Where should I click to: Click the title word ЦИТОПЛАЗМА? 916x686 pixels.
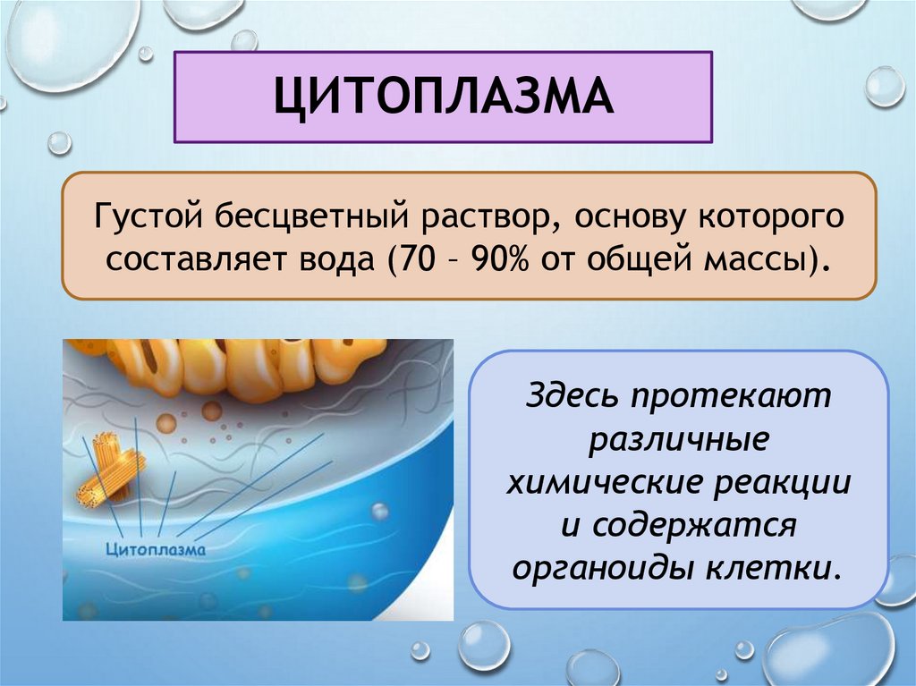point(443,97)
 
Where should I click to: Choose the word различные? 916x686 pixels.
point(678,440)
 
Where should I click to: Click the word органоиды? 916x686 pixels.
point(607,569)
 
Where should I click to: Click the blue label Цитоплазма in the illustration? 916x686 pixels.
point(156,548)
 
